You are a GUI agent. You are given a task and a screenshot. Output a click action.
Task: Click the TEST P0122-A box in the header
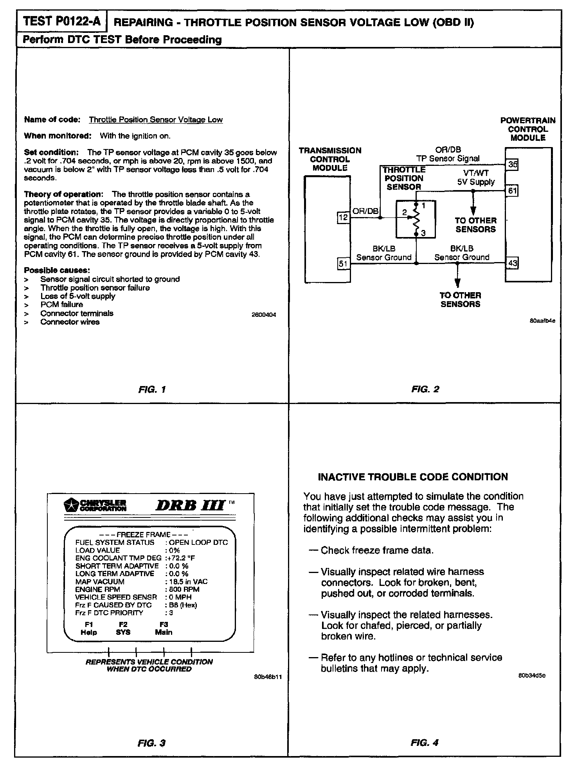pos(62,22)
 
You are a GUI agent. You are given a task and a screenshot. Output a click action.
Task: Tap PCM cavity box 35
pos(512,165)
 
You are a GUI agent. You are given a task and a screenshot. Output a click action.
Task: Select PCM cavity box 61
pos(512,191)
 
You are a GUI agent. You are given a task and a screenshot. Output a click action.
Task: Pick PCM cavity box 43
pos(512,263)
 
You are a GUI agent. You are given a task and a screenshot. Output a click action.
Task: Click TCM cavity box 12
pos(343,217)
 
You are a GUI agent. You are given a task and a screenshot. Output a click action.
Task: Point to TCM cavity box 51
pos(343,264)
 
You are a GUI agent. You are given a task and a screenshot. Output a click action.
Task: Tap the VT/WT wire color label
pos(476,173)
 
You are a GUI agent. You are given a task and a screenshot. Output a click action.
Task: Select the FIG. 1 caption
pos(152,389)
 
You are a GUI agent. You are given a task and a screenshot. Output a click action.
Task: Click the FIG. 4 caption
pos(425,742)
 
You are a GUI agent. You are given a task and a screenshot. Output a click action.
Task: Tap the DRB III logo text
pos(190,506)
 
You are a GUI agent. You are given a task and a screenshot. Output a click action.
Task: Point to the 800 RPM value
pos(184,589)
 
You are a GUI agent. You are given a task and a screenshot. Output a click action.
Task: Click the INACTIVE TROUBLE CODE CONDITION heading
pos(413,477)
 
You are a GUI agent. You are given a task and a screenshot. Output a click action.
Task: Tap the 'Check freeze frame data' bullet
pos(376,550)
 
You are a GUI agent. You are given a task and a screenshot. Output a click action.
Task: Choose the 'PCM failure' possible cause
pos(61,304)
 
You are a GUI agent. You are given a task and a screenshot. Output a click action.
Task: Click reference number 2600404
pos(264,314)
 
